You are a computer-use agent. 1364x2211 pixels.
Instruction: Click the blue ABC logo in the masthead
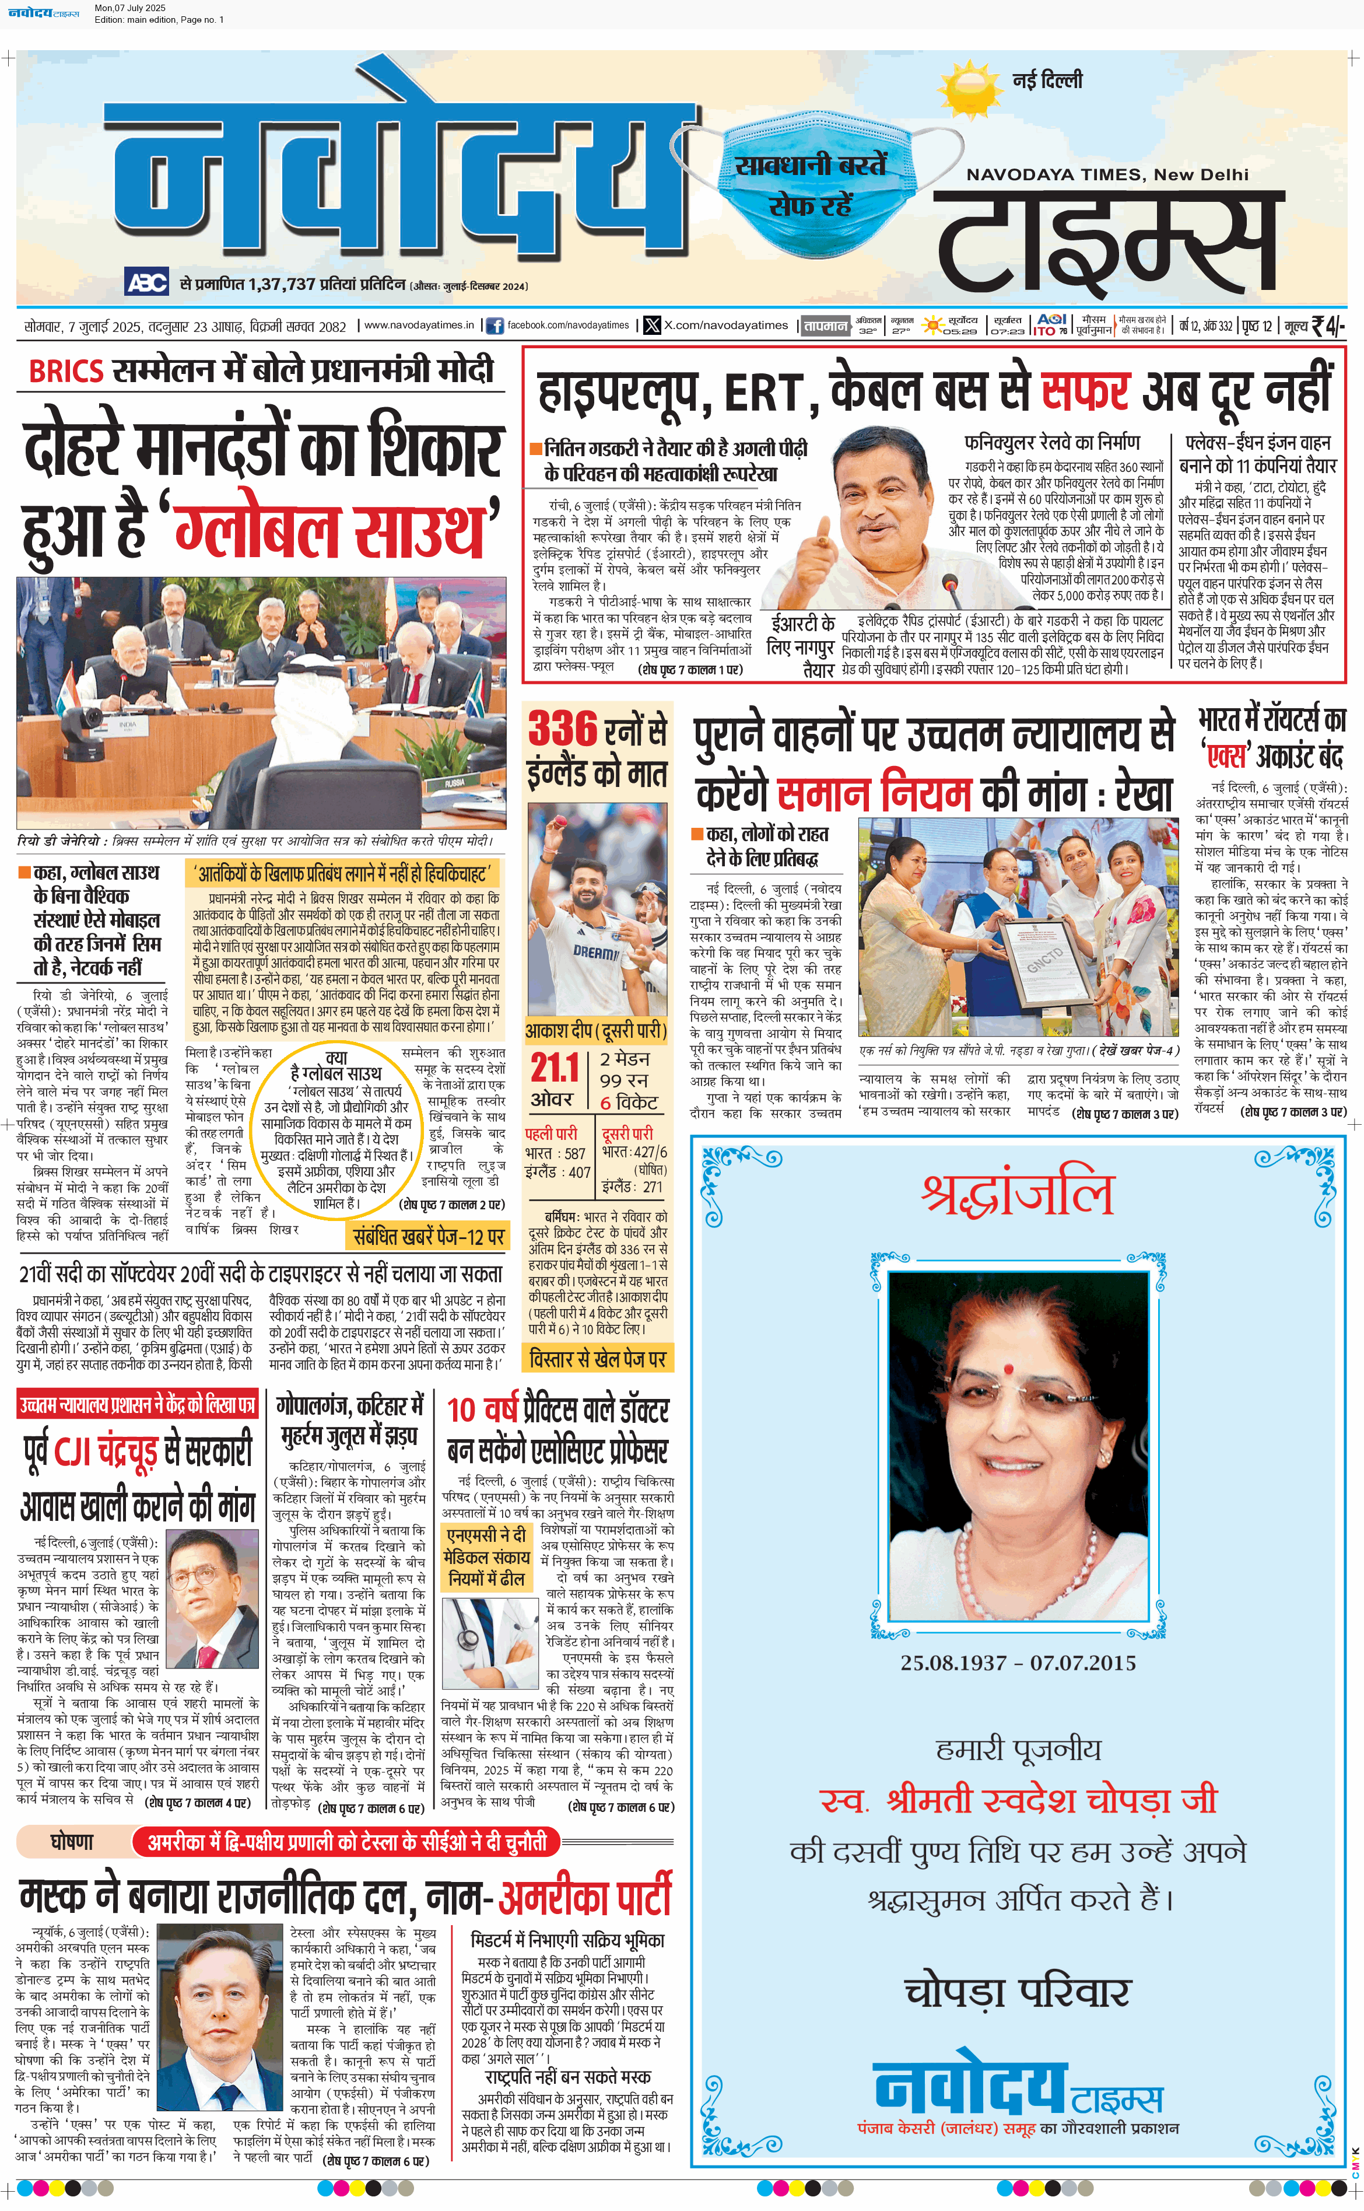click(146, 282)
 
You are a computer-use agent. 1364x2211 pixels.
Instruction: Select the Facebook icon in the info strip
click(495, 326)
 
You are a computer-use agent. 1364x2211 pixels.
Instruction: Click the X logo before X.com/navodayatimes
click(651, 326)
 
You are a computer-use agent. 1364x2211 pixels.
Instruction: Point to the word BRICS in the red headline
click(66, 371)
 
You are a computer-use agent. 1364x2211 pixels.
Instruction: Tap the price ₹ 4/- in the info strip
click(1327, 325)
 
